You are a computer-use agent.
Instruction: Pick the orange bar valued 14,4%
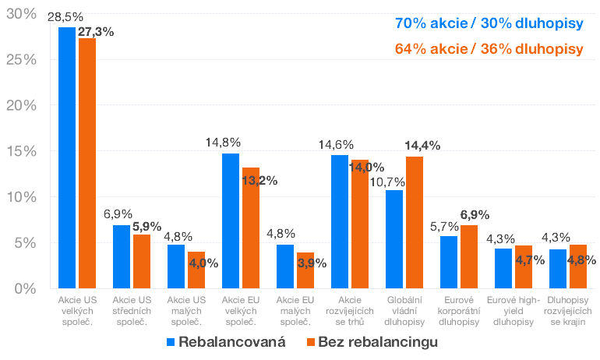click(x=415, y=222)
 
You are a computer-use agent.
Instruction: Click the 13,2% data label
click(x=259, y=181)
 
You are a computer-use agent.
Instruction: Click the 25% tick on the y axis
click(x=18, y=60)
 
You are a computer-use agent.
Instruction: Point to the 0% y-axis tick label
click(x=23, y=288)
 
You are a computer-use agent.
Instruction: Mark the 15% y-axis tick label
click(x=18, y=151)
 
